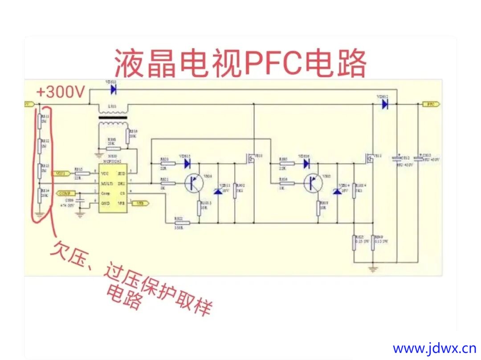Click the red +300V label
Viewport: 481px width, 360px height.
[x=61, y=92]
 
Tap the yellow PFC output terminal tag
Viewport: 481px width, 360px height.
[x=431, y=104]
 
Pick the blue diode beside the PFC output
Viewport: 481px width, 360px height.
[x=384, y=105]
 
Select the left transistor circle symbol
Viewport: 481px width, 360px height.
[x=194, y=183]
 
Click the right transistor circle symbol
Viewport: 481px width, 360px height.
[x=313, y=183]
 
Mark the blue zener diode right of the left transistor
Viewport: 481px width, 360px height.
[x=218, y=191]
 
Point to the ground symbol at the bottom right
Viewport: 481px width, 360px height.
[x=373, y=268]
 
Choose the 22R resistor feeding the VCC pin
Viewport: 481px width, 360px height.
[x=82, y=174]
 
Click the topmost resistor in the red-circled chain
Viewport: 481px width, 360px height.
[x=39, y=120]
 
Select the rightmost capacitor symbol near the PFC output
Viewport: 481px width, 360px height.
[x=418, y=158]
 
